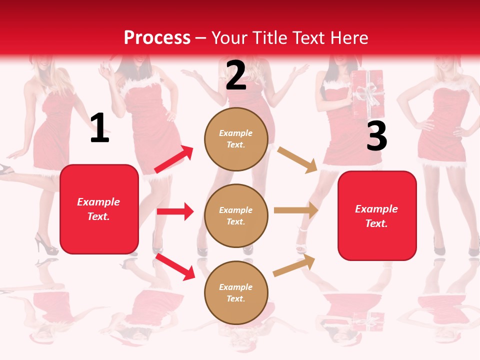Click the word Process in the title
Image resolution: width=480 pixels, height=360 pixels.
[157, 37]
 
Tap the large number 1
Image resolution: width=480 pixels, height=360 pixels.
[99, 128]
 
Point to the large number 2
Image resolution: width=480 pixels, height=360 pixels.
[236, 75]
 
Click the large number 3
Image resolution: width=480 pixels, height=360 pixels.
[376, 136]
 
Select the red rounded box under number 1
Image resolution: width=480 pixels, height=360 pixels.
[99, 209]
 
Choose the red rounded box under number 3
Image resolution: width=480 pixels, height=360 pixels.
[377, 216]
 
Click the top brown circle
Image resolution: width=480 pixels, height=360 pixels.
[236, 139]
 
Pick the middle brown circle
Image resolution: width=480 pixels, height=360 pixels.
[236, 215]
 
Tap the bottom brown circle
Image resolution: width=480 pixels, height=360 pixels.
[236, 292]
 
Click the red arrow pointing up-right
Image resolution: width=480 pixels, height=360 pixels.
[174, 159]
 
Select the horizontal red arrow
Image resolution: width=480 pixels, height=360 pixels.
[175, 211]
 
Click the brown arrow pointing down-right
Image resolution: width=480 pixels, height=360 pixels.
[297, 159]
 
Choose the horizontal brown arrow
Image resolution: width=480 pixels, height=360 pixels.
[296, 210]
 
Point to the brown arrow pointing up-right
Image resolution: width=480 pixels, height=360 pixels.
[294, 265]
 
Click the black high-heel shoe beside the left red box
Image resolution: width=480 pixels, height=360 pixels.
[45, 243]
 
